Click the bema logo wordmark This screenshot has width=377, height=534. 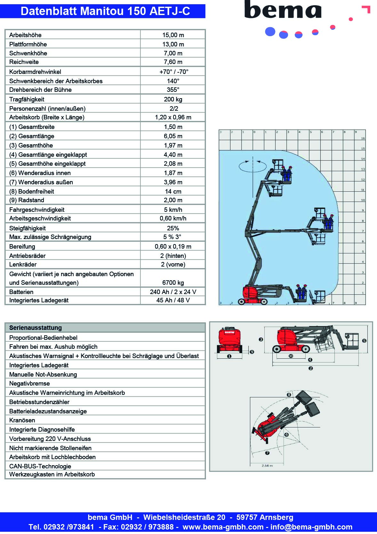click(283, 10)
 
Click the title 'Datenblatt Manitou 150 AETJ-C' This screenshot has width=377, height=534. click(105, 11)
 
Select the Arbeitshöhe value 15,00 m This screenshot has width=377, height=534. click(173, 35)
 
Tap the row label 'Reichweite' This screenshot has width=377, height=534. click(24, 62)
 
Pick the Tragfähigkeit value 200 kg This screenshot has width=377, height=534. click(173, 99)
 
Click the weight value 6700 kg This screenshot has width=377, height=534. click(173, 283)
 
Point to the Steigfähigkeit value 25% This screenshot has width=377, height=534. click(173, 228)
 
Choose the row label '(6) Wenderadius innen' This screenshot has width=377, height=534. click(40, 173)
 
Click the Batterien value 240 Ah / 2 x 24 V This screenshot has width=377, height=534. click(173, 292)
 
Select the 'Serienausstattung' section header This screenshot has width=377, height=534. click(36, 328)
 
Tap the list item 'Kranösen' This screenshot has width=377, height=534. click(22, 420)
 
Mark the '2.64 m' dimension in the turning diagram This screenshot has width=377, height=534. click(267, 466)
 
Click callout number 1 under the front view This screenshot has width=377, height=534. click(229, 356)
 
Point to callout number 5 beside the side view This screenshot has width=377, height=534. click(364, 341)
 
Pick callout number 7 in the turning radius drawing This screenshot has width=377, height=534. click(267, 453)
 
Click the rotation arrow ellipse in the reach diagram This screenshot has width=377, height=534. click(253, 166)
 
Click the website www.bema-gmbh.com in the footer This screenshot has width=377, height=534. click(223, 527)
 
